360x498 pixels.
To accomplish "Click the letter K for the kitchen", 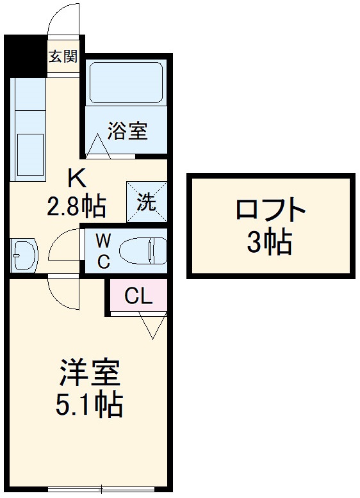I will click(76, 176).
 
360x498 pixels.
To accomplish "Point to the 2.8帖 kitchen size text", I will click(76, 206).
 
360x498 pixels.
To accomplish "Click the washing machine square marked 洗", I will click(147, 202).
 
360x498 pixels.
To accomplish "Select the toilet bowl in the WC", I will click(145, 250).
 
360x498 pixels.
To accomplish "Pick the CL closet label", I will click(138, 295).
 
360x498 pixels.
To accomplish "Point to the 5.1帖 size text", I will click(92, 405).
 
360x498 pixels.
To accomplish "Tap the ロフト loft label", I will click(269, 211).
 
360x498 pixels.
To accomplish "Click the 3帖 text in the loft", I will click(270, 243).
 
